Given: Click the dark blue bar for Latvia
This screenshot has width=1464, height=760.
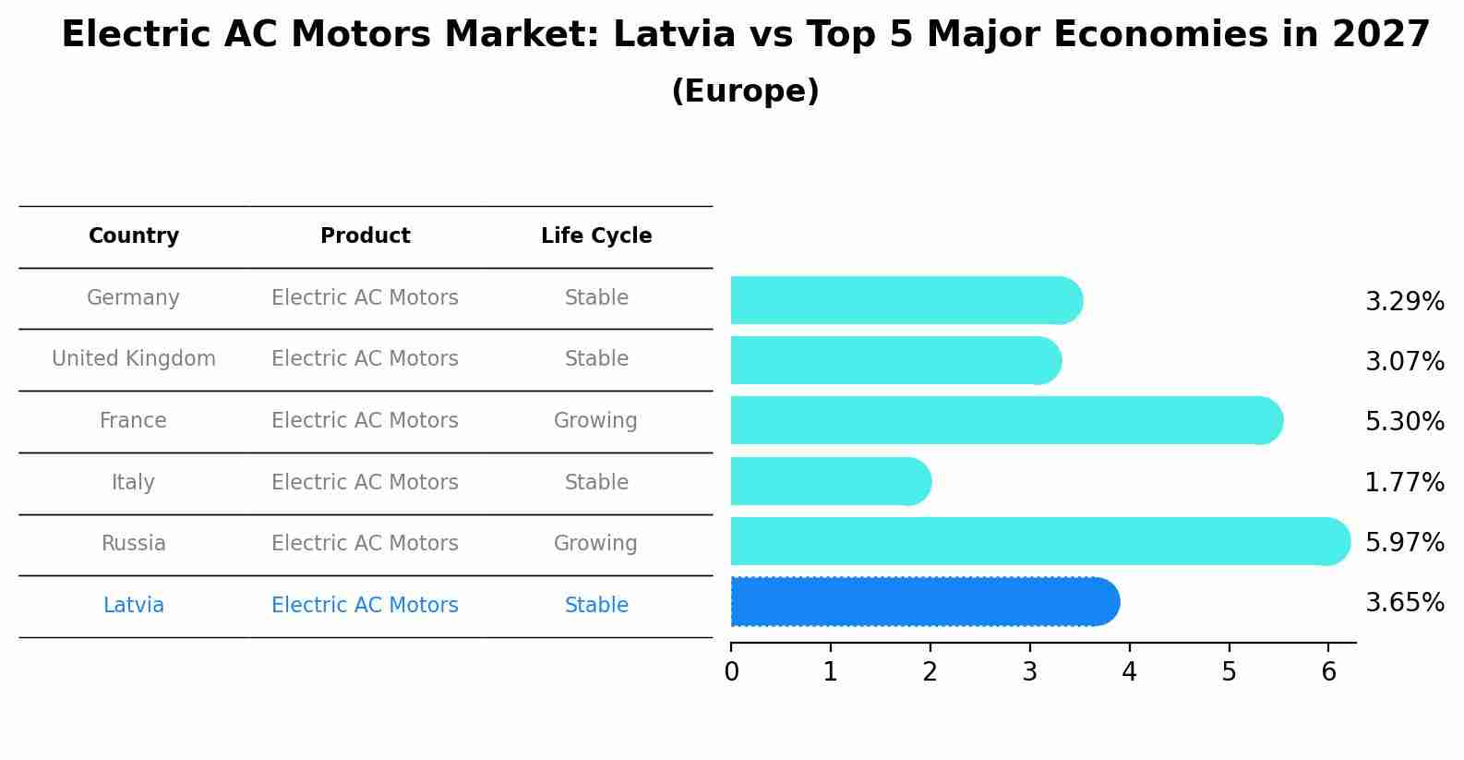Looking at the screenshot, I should [x=923, y=602].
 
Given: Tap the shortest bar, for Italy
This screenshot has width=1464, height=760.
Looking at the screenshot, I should [x=830, y=482].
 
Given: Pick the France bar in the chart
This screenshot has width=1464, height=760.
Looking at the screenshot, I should [x=1006, y=421].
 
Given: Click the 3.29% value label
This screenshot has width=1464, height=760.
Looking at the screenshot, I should [x=1404, y=302].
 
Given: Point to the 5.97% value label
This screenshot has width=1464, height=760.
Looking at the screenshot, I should [x=1404, y=542].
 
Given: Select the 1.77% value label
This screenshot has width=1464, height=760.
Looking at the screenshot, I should [x=1404, y=482].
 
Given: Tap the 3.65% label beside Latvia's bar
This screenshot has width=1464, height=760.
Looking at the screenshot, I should [x=1404, y=603].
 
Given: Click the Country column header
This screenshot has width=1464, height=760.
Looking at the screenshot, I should [x=134, y=236].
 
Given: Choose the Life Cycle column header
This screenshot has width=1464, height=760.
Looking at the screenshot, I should [x=596, y=236].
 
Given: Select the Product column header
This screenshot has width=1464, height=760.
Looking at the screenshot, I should [x=365, y=236].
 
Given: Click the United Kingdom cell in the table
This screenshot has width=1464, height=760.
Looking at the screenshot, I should [x=134, y=359].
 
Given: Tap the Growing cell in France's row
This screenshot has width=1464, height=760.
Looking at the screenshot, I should [x=595, y=421].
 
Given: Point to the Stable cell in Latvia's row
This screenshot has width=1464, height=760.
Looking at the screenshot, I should [x=596, y=606].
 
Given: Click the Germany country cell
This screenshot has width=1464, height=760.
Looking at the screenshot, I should [x=133, y=298].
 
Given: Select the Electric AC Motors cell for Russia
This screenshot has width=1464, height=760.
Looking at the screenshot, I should [x=365, y=544].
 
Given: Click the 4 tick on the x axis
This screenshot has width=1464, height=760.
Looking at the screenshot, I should [x=1129, y=672].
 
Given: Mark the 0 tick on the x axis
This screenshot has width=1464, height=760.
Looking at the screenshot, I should [x=731, y=672].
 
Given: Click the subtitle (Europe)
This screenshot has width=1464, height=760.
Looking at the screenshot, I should [x=745, y=91].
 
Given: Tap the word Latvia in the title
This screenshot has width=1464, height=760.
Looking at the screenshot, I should [x=674, y=35].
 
